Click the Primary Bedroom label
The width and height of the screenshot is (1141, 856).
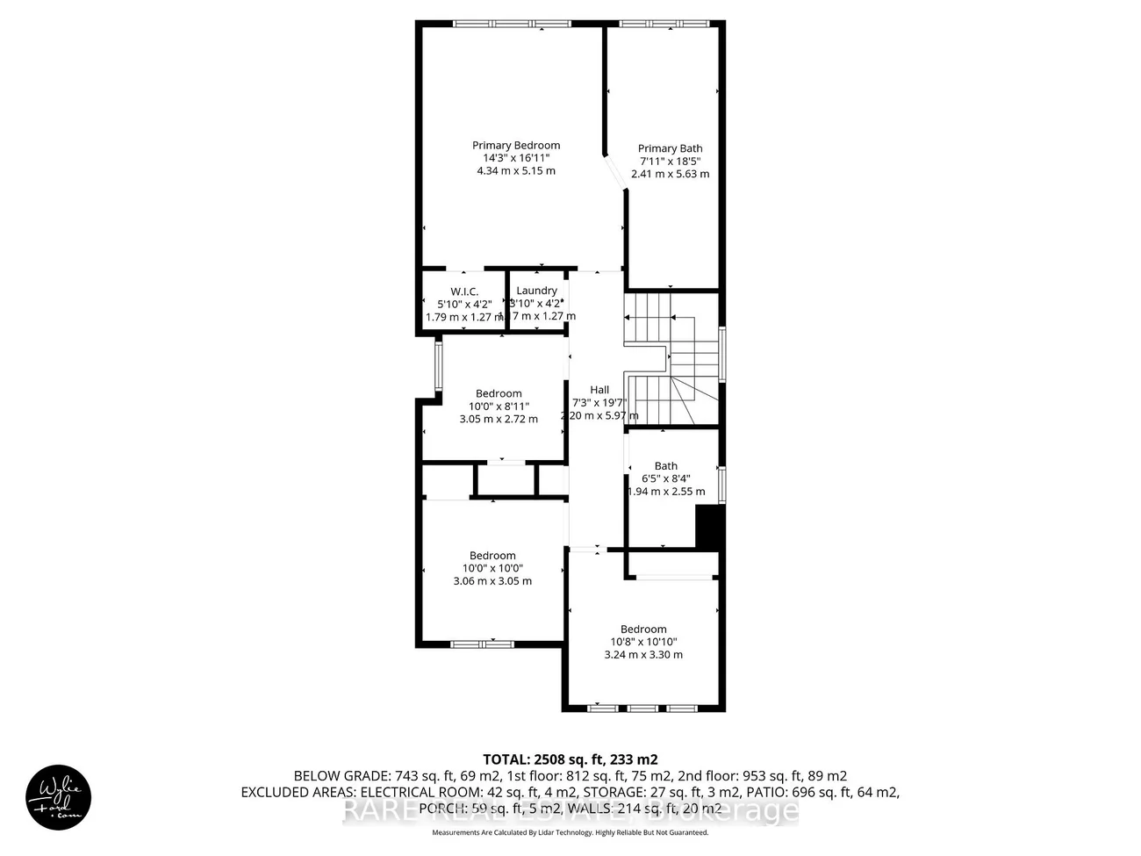click(x=516, y=146)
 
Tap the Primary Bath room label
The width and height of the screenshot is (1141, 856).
click(x=670, y=149)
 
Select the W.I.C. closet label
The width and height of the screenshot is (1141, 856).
click(x=464, y=291)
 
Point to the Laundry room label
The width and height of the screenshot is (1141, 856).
click(x=536, y=291)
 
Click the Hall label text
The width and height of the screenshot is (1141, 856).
click(x=599, y=390)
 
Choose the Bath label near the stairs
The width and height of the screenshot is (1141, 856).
click(x=666, y=466)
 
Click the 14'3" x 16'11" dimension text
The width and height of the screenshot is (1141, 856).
click(x=516, y=158)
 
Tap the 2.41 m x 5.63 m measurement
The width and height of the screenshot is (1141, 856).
click(x=670, y=174)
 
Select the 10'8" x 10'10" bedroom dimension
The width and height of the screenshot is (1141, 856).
click(x=643, y=642)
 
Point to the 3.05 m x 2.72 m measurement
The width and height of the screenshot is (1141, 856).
click(x=499, y=419)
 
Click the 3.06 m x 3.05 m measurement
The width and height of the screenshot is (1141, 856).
click(x=492, y=580)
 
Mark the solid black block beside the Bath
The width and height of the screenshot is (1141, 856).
click(x=707, y=528)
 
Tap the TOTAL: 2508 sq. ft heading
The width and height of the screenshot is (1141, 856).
click(x=570, y=759)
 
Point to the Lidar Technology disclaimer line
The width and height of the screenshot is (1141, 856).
click(x=570, y=832)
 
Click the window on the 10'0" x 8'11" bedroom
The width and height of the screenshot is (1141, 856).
click(x=438, y=364)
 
